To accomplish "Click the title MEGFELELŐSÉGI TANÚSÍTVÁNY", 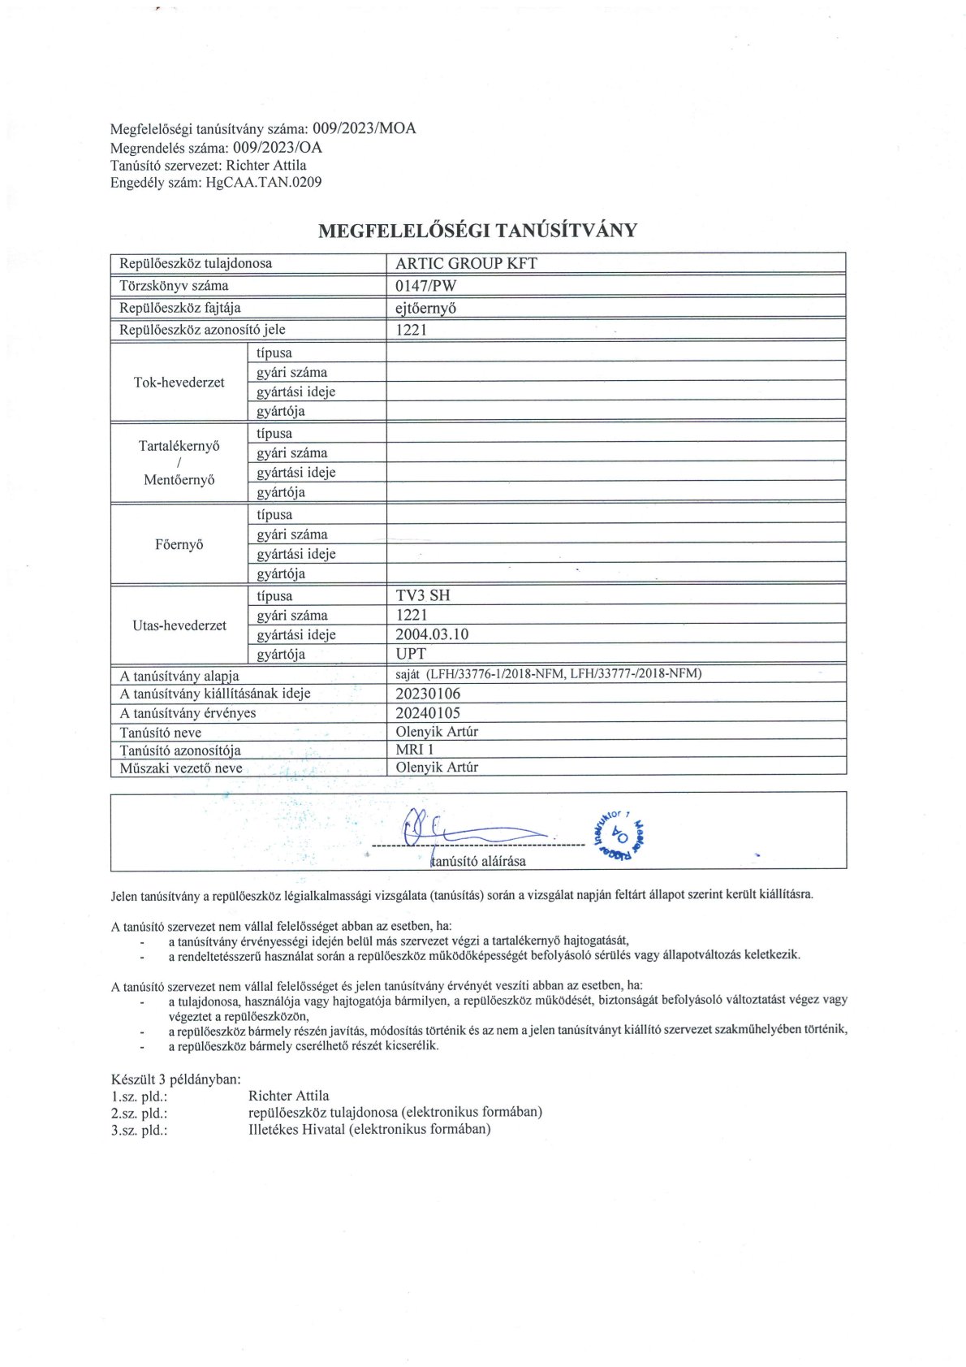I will [x=477, y=231].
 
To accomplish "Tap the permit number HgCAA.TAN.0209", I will [x=264, y=183].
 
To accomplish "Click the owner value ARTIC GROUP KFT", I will [x=466, y=263].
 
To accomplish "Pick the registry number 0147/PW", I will [x=425, y=286].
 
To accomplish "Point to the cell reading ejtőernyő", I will [x=425, y=308].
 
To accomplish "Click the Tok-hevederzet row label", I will [x=179, y=383].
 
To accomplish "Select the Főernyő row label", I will [x=179, y=544].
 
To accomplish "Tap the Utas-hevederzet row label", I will [x=179, y=625].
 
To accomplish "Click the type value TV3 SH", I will [x=422, y=595].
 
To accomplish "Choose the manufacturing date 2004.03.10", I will [x=432, y=634].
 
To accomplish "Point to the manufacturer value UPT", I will [x=411, y=654].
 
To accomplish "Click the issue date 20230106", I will [x=428, y=694].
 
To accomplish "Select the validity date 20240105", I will [x=428, y=713].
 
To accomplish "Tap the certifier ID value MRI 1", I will [x=415, y=750].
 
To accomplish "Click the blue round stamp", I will [x=621, y=833].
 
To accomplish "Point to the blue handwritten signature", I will [x=471, y=830].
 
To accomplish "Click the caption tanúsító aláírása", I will [x=478, y=861].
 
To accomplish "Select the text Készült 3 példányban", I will [x=176, y=1079].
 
